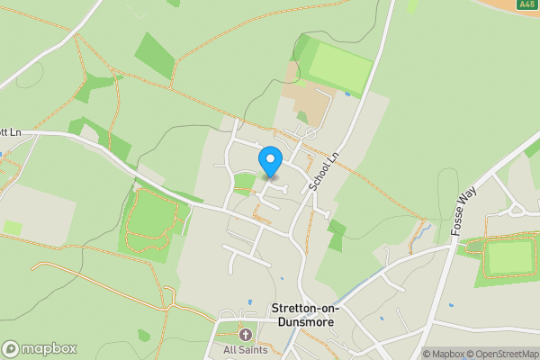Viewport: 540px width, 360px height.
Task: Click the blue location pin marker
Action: click(x=270, y=160)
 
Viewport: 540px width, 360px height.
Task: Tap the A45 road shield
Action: click(x=527, y=5)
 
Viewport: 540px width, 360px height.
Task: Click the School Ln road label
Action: click(x=324, y=170)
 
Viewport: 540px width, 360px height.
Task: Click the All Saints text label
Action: click(x=245, y=349)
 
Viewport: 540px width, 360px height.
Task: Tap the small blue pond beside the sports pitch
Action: click(x=347, y=94)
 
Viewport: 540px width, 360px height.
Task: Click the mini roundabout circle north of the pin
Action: click(x=310, y=133)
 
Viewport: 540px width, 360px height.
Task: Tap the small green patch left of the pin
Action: click(x=244, y=181)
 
